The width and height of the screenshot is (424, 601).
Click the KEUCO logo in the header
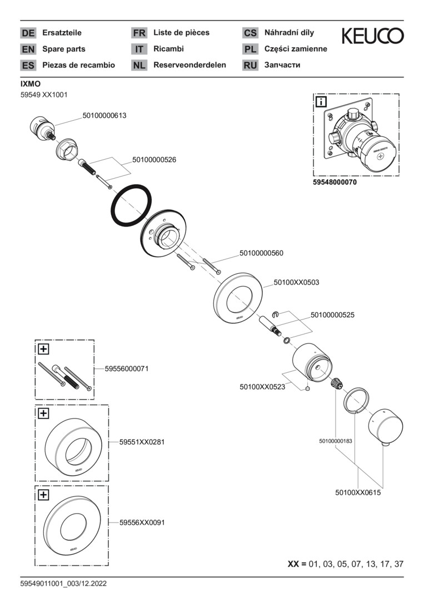pos(372,37)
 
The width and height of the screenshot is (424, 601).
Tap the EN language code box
pos(28,49)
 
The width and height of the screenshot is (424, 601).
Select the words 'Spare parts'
pos(64,49)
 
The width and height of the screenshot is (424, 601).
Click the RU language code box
pos(250,65)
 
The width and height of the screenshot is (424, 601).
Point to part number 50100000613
pos(104,116)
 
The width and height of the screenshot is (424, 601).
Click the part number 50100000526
pos(154,160)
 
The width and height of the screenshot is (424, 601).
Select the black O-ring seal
pos(132,204)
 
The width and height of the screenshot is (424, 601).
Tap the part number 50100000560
pos(261,253)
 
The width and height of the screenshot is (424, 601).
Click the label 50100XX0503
pos(296,283)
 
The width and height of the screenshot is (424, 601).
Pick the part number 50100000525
pos(332,315)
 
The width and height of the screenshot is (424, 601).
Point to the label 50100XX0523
pos(262,387)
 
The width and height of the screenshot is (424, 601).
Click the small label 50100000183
pos(336,441)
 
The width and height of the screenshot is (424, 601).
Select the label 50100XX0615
pos(358,492)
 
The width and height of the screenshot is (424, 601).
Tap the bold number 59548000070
pos(335,183)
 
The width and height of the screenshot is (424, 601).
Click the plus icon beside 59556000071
pos(43,349)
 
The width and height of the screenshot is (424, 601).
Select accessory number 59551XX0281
pos(142,442)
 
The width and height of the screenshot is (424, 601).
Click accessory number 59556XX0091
pos(142,523)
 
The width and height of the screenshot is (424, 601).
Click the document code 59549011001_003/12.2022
pos(63,583)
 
